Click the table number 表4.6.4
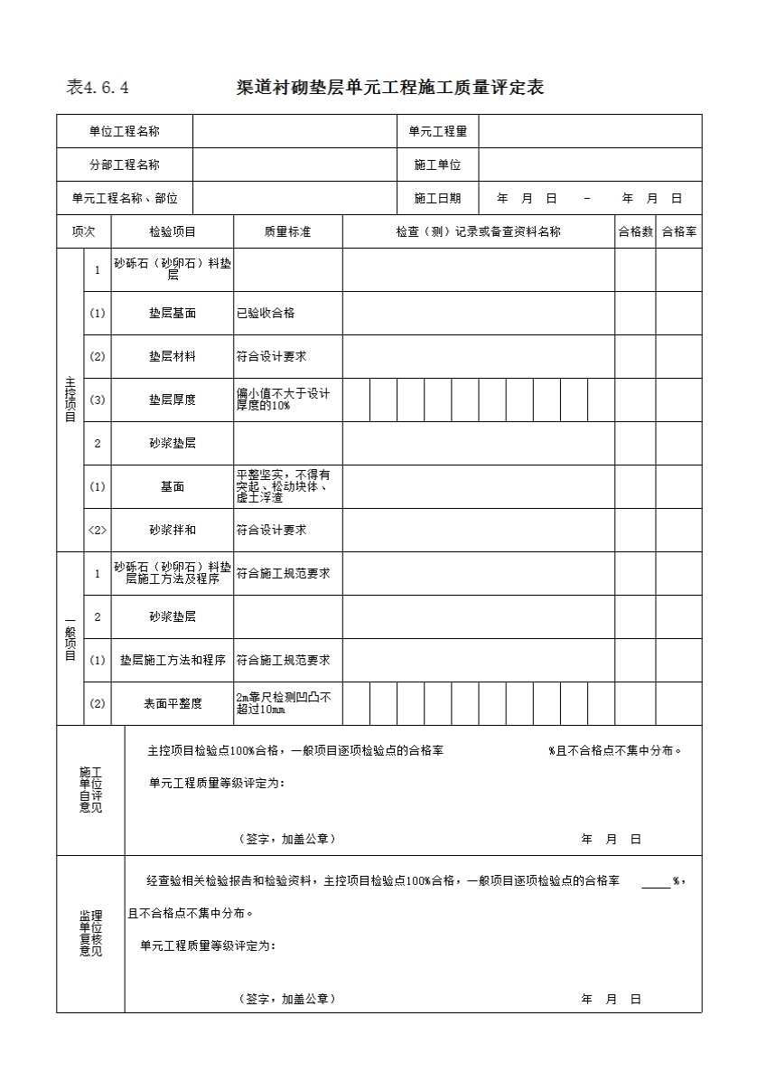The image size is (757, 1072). point(98,88)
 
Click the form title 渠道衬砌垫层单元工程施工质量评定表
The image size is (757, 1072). point(389,88)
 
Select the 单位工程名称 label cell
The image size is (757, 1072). point(125,131)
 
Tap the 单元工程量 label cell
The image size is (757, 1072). point(437,131)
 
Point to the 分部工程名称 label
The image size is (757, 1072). point(125,165)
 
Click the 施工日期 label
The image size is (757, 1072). point(437,198)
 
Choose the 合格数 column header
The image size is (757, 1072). point(635,231)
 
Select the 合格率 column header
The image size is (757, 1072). point(678,231)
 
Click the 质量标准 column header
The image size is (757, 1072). point(287,231)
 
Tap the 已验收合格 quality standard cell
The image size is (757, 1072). point(266,313)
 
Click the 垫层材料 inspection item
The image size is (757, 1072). point(173,356)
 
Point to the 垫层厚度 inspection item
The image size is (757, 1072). point(173,400)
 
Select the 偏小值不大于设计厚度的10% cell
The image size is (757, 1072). point(283,400)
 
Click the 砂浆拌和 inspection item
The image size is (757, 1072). point(173,530)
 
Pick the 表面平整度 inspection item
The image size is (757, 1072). point(173,703)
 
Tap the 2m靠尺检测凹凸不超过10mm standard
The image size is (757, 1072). point(284,703)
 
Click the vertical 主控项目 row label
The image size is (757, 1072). point(70,400)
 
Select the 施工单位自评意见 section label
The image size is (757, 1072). point(90,789)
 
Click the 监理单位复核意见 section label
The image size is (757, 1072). point(90,933)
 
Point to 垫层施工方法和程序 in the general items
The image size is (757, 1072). point(173,660)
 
